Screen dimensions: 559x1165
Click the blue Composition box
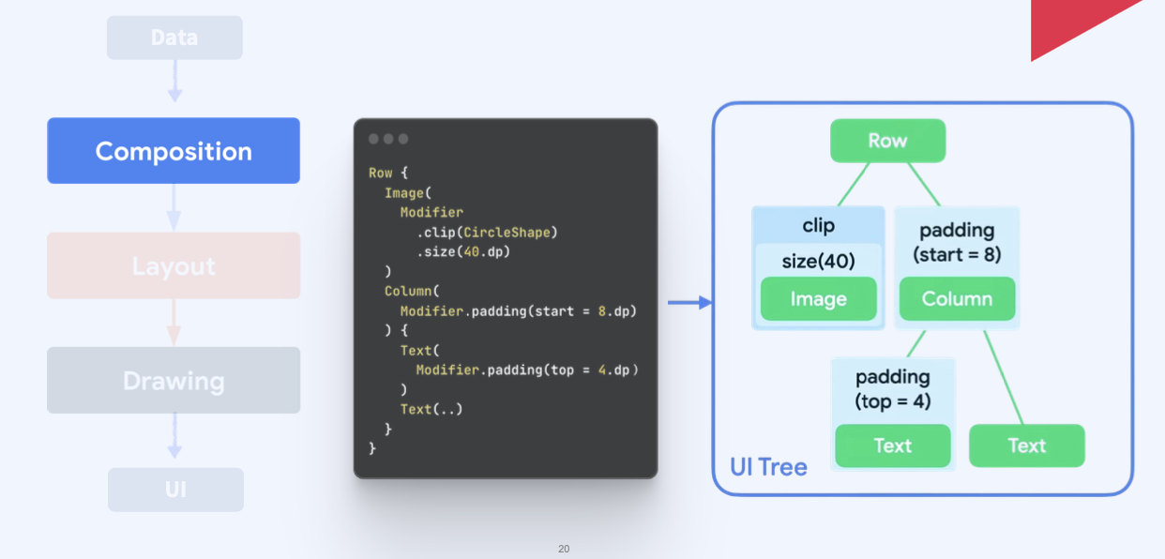coord(174,151)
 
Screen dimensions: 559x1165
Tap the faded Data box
coord(174,38)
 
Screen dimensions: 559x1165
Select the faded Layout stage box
coord(174,266)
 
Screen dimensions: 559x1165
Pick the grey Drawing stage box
coord(174,381)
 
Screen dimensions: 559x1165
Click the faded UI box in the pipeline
coord(175,490)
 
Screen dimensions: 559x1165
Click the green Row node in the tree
coord(887,141)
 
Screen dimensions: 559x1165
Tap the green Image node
coord(818,299)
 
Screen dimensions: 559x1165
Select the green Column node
coord(957,299)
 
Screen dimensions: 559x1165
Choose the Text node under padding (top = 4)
coord(892,446)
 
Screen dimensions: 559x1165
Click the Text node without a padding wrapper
coord(1026,446)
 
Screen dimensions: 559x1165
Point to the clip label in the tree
coord(818,225)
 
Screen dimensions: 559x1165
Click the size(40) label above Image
coord(818,261)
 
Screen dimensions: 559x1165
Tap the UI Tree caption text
coord(768,467)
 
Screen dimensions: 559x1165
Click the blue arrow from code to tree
coord(689,302)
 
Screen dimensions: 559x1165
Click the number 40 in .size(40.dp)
coord(472,251)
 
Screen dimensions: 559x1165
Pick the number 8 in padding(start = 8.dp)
coord(601,310)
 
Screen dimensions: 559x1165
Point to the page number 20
coord(564,549)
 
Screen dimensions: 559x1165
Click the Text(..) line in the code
coord(431,409)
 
